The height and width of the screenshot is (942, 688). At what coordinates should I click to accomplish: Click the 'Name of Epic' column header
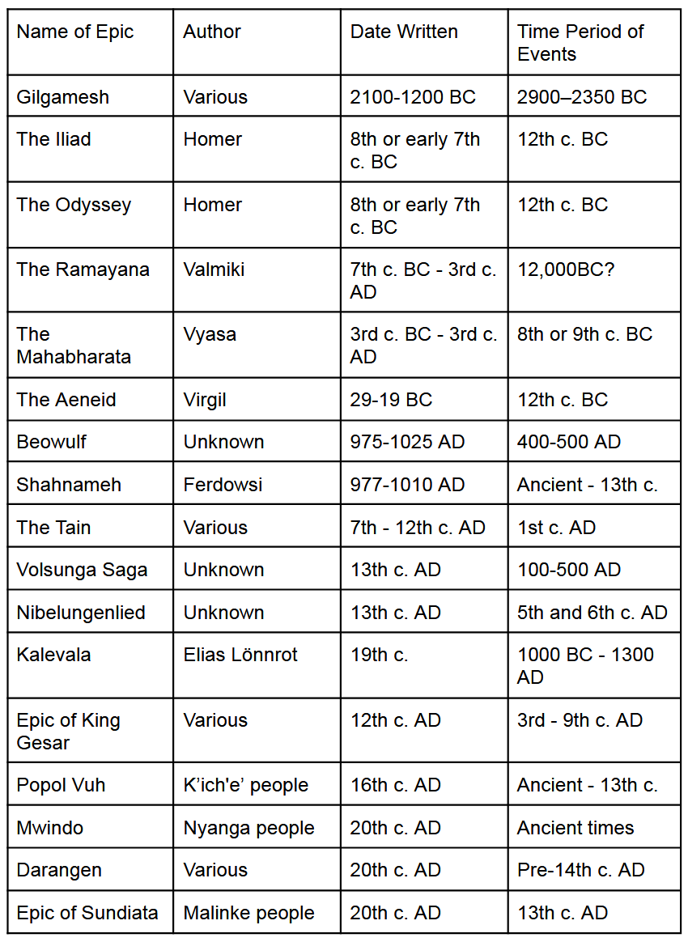pyautogui.click(x=74, y=32)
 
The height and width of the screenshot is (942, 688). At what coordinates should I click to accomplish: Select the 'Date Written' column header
pyautogui.click(x=404, y=32)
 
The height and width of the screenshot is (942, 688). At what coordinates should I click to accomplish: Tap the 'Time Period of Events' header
pyautogui.click(x=580, y=43)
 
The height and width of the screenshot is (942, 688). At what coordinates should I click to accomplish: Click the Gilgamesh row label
pyautogui.click(x=62, y=97)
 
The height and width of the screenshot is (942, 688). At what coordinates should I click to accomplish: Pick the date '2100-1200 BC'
pyautogui.click(x=413, y=97)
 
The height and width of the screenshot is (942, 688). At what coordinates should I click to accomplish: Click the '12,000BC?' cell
pyautogui.click(x=566, y=269)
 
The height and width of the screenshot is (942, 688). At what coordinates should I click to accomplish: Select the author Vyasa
pyautogui.click(x=210, y=334)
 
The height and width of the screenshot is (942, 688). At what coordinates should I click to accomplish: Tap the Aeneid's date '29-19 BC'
pyautogui.click(x=391, y=400)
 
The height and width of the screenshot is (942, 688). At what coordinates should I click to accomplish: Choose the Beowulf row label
pyautogui.click(x=51, y=442)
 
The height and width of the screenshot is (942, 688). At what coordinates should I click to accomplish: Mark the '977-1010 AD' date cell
pyautogui.click(x=407, y=485)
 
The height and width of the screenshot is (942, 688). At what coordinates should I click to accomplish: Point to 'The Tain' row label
pyautogui.click(x=53, y=528)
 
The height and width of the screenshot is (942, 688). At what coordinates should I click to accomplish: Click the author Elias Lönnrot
pyautogui.click(x=240, y=655)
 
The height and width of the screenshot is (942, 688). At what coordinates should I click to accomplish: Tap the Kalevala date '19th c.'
pyautogui.click(x=379, y=655)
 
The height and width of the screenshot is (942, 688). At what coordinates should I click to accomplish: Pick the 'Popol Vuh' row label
pyautogui.click(x=61, y=785)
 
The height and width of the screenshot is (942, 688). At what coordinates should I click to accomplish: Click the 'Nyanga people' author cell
pyautogui.click(x=248, y=828)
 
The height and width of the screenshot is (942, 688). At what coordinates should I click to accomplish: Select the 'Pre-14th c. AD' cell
pyautogui.click(x=580, y=870)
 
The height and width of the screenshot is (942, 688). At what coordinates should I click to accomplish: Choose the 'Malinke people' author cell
pyautogui.click(x=248, y=913)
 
